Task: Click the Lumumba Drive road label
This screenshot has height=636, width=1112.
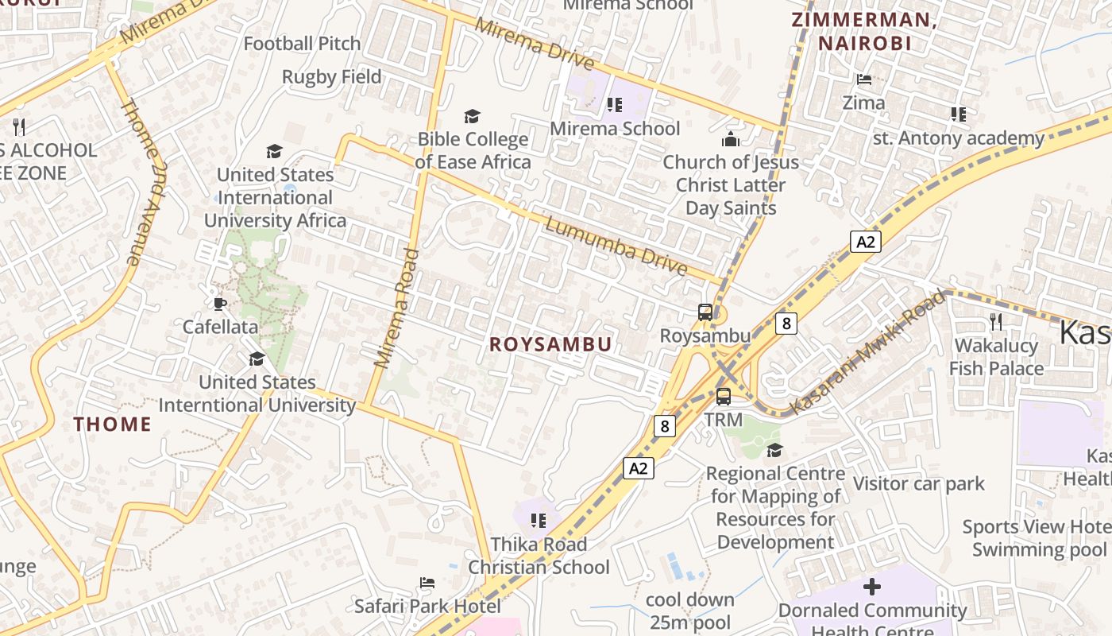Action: pyautogui.click(x=616, y=246)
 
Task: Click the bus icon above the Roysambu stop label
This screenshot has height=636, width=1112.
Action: pyautogui.click(x=705, y=312)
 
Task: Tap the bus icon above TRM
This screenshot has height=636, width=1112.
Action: pyautogui.click(x=723, y=396)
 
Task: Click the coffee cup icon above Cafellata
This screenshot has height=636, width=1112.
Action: pyautogui.click(x=220, y=304)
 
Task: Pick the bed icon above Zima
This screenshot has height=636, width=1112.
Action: pyautogui.click(x=863, y=79)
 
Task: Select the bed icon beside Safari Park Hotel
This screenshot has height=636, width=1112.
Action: pyautogui.click(x=427, y=583)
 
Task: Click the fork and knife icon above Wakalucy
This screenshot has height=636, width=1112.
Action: pyautogui.click(x=995, y=321)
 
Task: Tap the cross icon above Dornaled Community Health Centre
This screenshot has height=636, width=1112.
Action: pyautogui.click(x=872, y=587)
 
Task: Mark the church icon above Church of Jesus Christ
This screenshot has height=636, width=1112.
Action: pyautogui.click(x=730, y=140)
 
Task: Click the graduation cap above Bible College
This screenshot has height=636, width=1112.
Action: pyautogui.click(x=473, y=117)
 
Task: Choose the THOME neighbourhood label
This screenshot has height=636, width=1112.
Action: pyautogui.click(x=113, y=424)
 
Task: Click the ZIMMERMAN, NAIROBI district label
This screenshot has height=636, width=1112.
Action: pyautogui.click(x=864, y=32)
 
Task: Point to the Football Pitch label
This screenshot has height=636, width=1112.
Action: pyautogui.click(x=302, y=44)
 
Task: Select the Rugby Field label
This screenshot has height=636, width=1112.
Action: pyautogui.click(x=332, y=77)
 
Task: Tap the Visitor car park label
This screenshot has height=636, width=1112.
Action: pyautogui.click(x=918, y=483)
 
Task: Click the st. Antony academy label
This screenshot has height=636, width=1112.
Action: pyautogui.click(x=958, y=138)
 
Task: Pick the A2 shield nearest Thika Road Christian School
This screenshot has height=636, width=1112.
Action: pyautogui.click(x=639, y=468)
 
